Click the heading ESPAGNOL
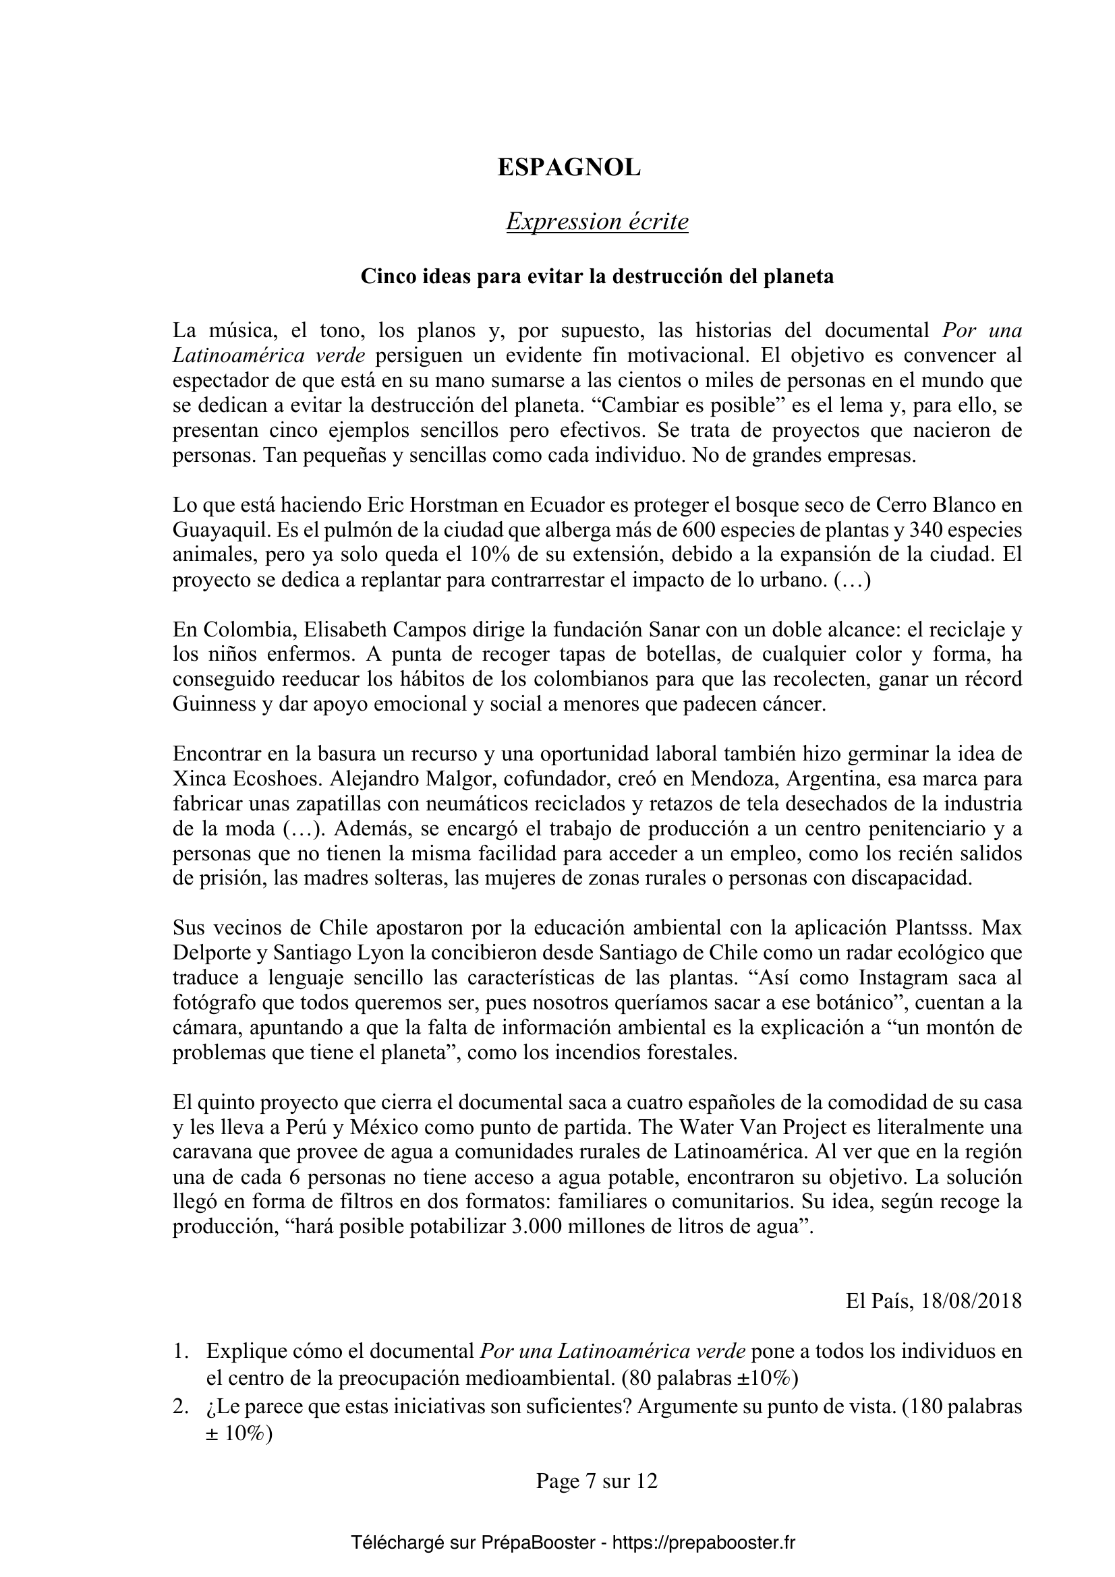[569, 168]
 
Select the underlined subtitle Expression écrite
[597, 222]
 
